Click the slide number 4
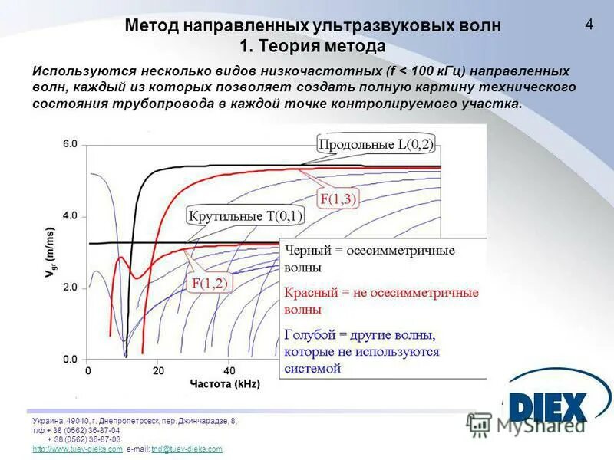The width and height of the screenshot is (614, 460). pos(589,24)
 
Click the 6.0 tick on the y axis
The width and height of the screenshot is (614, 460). pos(70,144)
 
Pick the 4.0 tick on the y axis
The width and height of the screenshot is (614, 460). pos(70,216)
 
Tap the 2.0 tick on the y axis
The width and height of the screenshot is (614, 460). pos(70,287)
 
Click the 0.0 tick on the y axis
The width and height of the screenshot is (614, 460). pos(70,359)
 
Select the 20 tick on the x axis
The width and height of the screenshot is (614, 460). pos(158,371)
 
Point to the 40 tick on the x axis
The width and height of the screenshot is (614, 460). pos(229,371)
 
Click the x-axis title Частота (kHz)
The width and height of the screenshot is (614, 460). pos(224,383)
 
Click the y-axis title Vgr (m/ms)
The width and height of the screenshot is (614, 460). pos(51,252)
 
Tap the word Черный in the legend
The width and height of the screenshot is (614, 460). pos(307,251)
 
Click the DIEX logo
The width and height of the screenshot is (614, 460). pos(546,406)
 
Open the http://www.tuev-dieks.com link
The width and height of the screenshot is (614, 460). pos(78,449)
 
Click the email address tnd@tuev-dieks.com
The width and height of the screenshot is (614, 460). pos(187,449)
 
